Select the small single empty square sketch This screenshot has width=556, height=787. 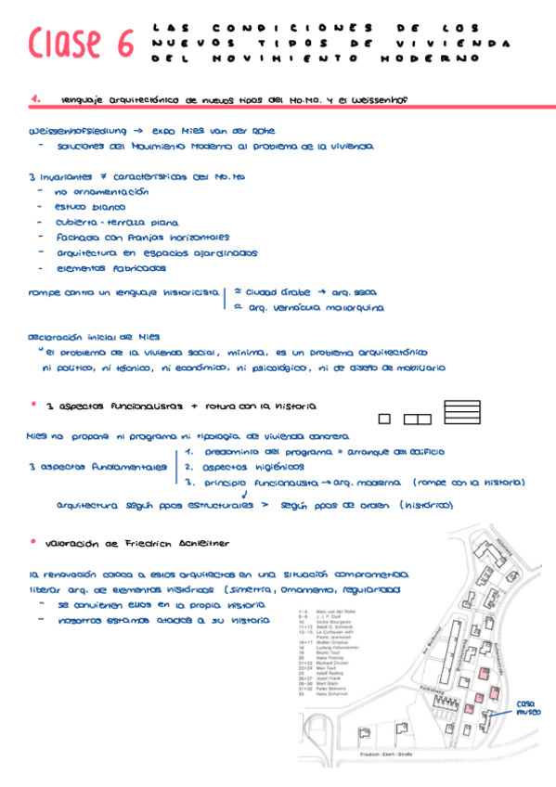pos(384,419)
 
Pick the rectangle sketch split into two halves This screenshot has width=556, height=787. pos(417,419)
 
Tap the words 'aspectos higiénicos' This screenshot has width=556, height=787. pos(239,467)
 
